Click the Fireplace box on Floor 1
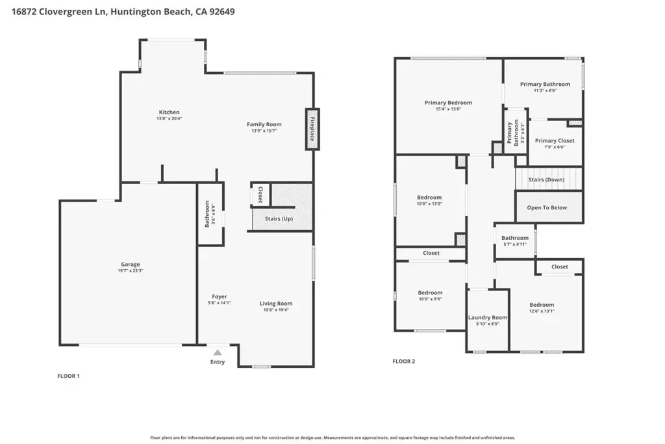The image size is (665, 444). (312, 129)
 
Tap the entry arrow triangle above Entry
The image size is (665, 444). (218, 352)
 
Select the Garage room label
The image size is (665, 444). (130, 264)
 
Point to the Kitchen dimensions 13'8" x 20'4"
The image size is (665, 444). (169, 118)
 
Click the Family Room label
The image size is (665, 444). (264, 124)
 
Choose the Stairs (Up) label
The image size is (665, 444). (279, 218)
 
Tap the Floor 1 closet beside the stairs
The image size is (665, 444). (260, 194)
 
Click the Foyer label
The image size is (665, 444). (220, 296)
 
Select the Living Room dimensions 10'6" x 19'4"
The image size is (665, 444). (276, 310)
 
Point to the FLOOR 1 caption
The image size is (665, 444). (69, 376)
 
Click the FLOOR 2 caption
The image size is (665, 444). (404, 361)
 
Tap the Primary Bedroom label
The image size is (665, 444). (448, 102)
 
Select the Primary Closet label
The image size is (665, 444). (555, 140)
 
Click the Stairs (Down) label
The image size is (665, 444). (546, 179)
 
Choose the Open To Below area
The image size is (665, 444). (549, 207)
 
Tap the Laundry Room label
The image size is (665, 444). (488, 317)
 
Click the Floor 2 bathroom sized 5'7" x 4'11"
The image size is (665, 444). (515, 241)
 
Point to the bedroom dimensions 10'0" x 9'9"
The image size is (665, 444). (430, 299)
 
